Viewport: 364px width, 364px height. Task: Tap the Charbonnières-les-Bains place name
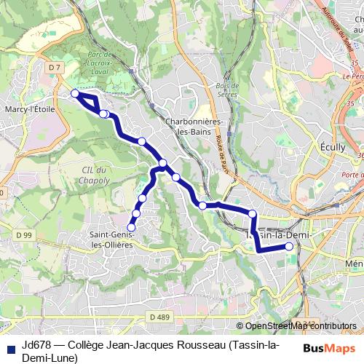(x=189, y=127)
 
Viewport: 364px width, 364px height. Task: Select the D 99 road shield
(x=24, y=234)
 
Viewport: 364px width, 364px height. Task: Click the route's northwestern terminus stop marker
(x=74, y=93)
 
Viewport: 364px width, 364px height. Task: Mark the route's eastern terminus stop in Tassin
(x=290, y=247)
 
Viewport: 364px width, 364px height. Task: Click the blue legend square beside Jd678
(x=10, y=344)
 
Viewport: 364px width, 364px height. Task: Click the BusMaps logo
(x=328, y=348)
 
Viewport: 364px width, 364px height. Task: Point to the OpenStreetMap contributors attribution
(x=300, y=326)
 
